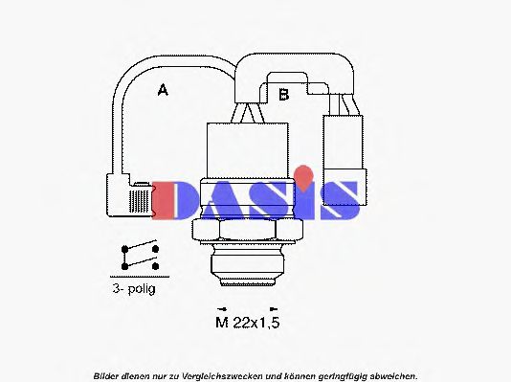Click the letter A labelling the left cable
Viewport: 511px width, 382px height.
(x=163, y=91)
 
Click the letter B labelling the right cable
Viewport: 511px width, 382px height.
(x=283, y=94)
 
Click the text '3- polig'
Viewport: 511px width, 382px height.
(x=132, y=287)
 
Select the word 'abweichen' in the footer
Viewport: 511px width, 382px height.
(x=392, y=374)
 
